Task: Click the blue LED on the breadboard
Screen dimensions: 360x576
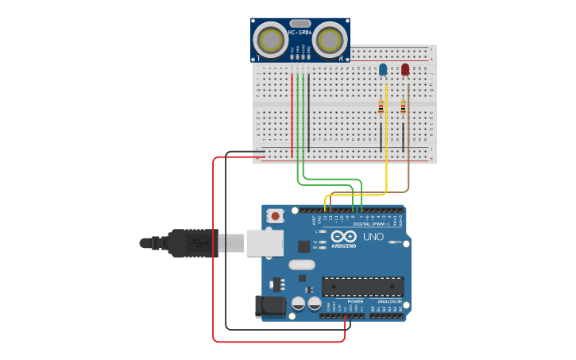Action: pyautogui.click(x=383, y=70)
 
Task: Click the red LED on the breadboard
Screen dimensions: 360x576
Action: pyautogui.click(x=405, y=70)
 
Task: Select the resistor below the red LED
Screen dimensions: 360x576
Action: pyautogui.click(x=403, y=106)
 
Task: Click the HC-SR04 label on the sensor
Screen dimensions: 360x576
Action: pyautogui.click(x=300, y=33)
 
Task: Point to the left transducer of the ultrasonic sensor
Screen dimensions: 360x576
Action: pyautogui.click(x=271, y=38)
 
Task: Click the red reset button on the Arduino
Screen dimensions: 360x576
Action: pyautogui.click(x=276, y=215)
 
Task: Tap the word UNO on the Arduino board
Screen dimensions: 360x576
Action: pyautogui.click(x=373, y=237)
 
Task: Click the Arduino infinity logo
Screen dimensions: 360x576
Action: pyautogui.click(x=344, y=237)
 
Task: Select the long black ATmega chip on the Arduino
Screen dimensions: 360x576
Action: pyautogui.click(x=362, y=286)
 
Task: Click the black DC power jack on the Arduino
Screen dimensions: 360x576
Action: pyautogui.click(x=269, y=306)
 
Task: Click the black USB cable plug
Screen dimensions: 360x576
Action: pyautogui.click(x=191, y=242)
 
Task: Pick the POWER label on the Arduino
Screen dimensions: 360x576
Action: pyautogui.click(x=355, y=302)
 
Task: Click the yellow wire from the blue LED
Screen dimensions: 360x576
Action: pyautogui.click(x=386, y=159)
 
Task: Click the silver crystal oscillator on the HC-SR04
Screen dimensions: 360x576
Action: pyautogui.click(x=300, y=23)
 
